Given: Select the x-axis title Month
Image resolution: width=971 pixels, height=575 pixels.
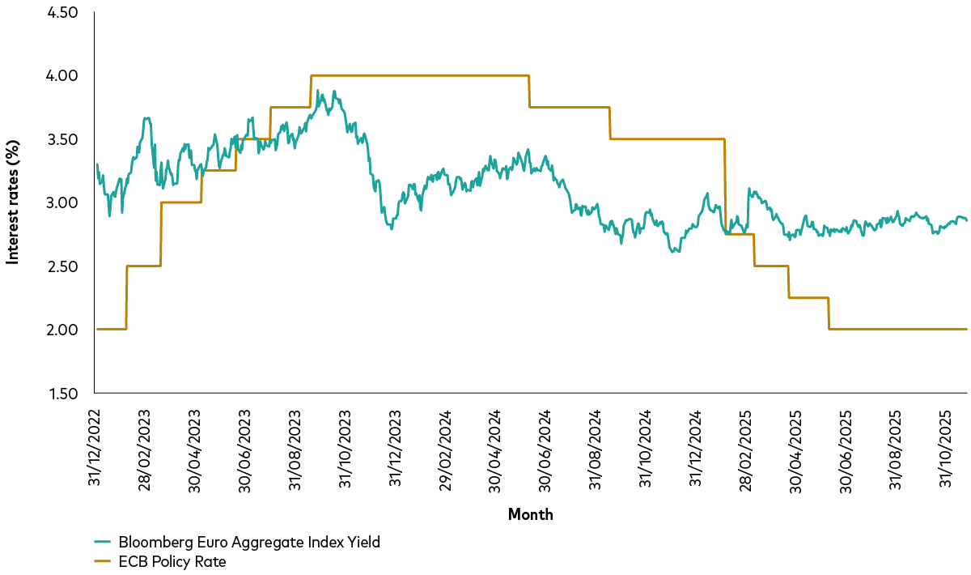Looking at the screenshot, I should point(530,514).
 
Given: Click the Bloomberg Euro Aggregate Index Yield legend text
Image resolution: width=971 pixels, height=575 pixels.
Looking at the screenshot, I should point(249,543).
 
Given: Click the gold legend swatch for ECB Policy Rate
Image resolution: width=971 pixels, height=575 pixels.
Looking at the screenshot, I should point(103,561).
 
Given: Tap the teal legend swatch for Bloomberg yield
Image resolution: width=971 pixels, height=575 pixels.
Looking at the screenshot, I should point(103,543).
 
